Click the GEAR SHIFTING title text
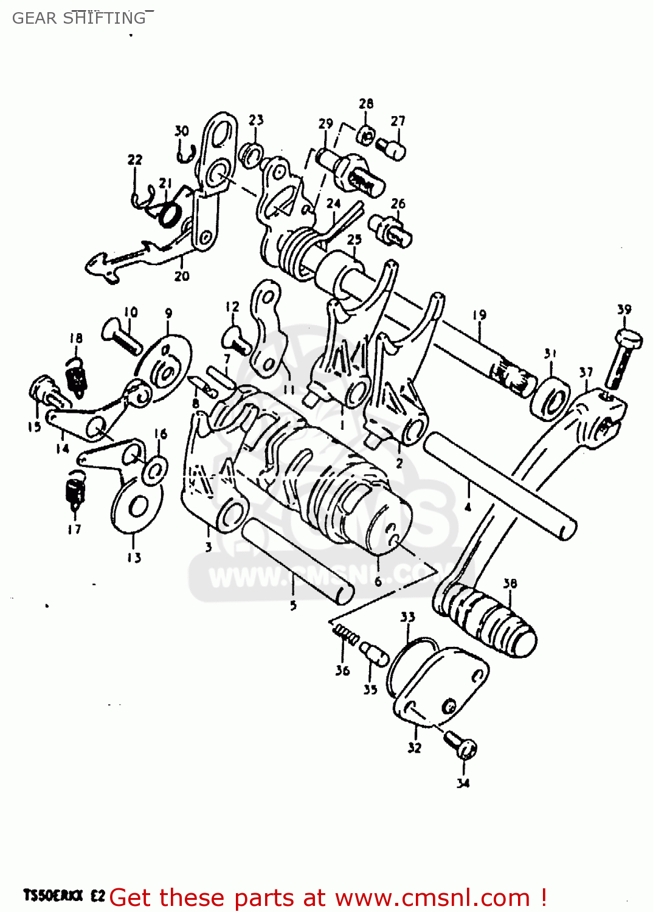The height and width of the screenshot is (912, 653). tap(79, 18)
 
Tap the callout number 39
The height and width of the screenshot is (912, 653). tap(624, 309)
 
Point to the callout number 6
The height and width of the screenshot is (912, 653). tap(378, 581)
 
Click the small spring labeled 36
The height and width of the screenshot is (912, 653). tap(346, 634)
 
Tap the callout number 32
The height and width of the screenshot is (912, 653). tap(414, 748)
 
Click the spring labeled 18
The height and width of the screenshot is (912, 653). tap(77, 376)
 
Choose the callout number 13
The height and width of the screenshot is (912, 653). tap(134, 558)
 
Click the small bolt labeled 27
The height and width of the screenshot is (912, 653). tap(392, 148)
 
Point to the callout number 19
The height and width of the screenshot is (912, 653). tap(480, 315)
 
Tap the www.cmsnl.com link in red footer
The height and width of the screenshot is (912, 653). tap(432, 897)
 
